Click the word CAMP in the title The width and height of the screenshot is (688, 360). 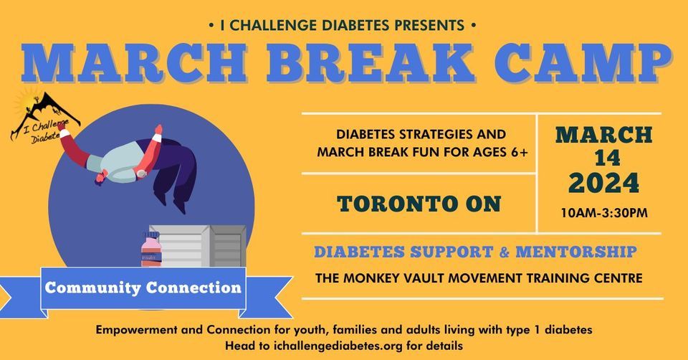click(x=583, y=63)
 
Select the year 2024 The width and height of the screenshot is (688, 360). click(x=603, y=183)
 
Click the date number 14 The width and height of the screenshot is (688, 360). click(x=607, y=158)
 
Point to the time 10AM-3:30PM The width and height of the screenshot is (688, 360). click(x=604, y=214)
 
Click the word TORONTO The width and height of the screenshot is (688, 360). click(x=396, y=204)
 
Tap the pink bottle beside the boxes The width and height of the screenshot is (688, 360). click(x=151, y=250)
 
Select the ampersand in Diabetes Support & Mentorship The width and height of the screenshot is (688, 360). click(x=504, y=252)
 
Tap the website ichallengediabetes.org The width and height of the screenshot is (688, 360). click(x=338, y=346)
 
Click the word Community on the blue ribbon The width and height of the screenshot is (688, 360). click(x=92, y=288)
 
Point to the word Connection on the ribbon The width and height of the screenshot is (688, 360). click(x=193, y=288)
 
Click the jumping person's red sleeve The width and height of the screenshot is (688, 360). click(x=75, y=148)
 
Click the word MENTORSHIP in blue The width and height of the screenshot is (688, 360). click(x=576, y=252)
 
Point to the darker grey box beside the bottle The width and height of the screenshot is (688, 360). click(x=227, y=246)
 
